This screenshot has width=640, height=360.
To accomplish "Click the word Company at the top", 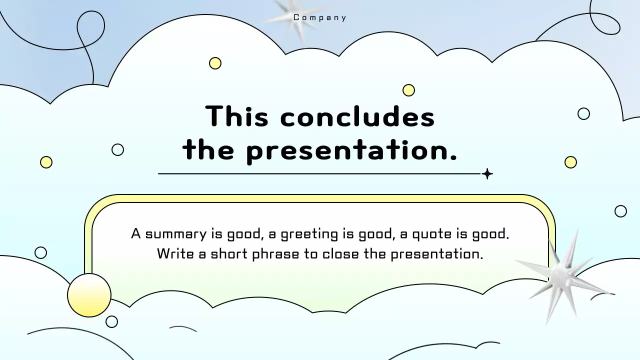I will (320, 18).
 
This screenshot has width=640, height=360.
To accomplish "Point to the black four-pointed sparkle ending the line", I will (487, 174).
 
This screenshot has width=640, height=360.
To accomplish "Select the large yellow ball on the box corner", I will (89, 295).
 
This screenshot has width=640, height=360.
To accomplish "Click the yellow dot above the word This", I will (215, 63).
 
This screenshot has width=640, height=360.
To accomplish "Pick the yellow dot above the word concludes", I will (408, 90).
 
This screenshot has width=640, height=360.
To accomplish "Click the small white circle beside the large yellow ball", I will (111, 321).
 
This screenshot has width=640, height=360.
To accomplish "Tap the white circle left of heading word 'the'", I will (117, 149).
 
